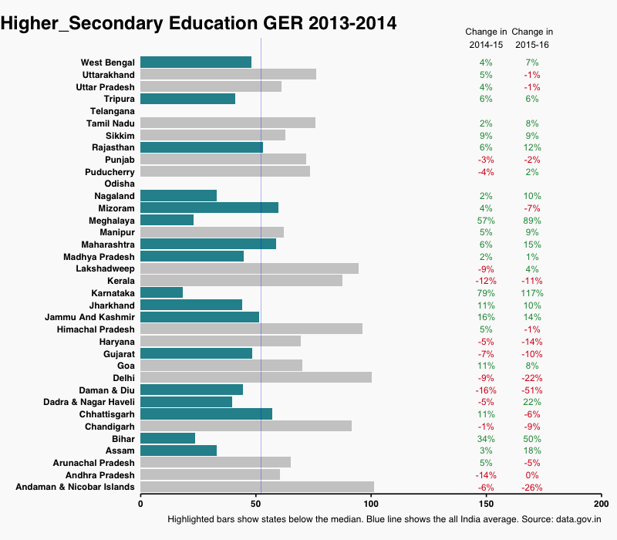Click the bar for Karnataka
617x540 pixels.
pos(161,292)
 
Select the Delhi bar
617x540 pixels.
pos(255,377)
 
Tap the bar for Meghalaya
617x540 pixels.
pos(167,220)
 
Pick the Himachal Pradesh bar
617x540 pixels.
pos(251,329)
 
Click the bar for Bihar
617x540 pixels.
pos(167,438)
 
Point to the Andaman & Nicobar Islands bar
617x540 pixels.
pos(257,487)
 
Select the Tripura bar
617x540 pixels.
pos(187,99)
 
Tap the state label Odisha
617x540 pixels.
pos(120,184)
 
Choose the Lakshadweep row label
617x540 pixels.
pos(105,268)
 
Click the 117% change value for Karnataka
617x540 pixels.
pos(532,293)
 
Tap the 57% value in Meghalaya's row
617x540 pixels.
pos(486,221)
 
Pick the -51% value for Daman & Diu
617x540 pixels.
pos(532,390)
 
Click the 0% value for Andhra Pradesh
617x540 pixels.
pos(532,475)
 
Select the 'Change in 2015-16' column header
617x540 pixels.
pos(532,39)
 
